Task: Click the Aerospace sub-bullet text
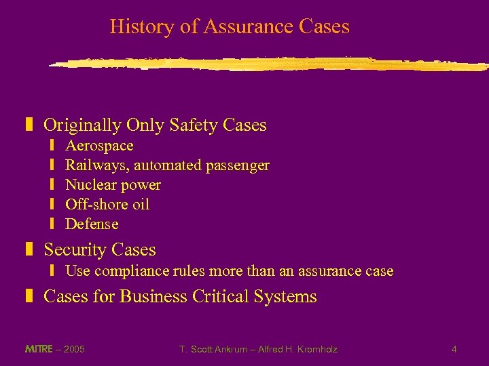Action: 99,146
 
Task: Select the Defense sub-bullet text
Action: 92,224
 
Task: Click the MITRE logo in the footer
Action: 38,349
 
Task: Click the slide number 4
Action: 454,350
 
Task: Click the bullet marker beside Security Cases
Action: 29,250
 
